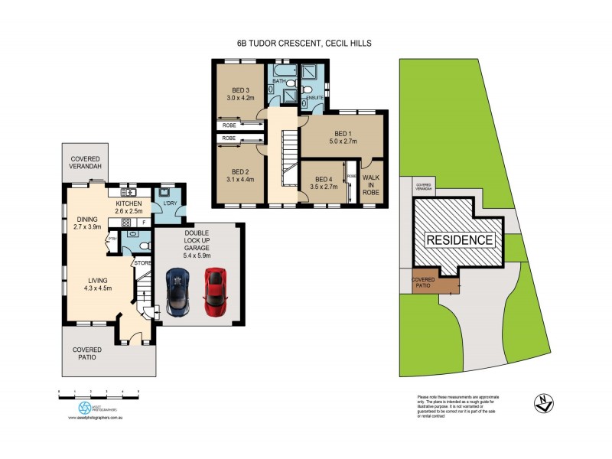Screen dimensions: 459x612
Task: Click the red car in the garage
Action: (215, 291)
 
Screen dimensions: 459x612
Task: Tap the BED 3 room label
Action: (241, 90)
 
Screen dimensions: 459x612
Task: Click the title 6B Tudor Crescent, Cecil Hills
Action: (304, 44)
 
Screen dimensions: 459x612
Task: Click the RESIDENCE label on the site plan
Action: (459, 240)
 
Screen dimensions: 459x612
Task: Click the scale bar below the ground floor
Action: (99, 392)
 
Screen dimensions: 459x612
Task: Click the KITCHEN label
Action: (129, 203)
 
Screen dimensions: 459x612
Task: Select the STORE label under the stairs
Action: (142, 263)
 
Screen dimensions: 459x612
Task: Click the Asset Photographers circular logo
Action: (85, 408)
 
